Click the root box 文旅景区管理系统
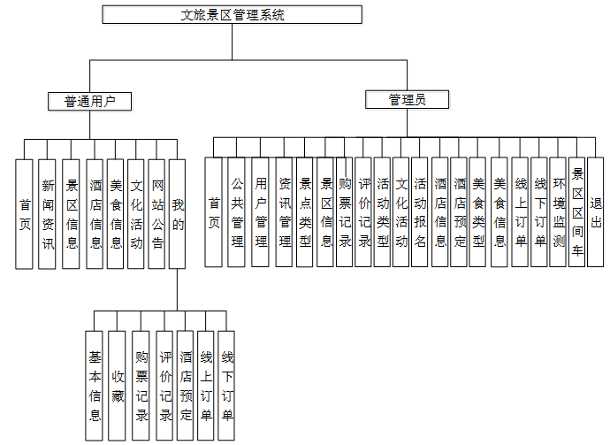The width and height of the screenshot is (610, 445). [x=233, y=14]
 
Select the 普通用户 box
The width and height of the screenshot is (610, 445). [x=90, y=101]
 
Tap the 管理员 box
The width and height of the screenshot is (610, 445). [x=407, y=100]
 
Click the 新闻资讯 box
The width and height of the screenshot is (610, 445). [x=48, y=214]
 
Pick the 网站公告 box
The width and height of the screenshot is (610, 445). [x=157, y=214]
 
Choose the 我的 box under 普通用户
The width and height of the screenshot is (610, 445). [x=178, y=214]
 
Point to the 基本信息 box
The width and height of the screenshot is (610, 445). [x=95, y=385]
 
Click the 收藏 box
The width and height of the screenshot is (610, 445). [x=118, y=385]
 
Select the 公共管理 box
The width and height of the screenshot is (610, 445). [x=237, y=212]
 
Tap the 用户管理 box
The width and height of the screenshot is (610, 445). [x=261, y=212]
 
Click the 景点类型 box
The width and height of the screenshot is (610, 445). [x=305, y=212]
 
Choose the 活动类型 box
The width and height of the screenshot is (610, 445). [x=383, y=212]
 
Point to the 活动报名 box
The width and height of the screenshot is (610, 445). [x=420, y=212]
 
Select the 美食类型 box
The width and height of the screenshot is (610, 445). [x=478, y=212]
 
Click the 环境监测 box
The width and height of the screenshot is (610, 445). [x=559, y=212]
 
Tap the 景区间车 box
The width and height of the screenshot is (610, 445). [x=577, y=212]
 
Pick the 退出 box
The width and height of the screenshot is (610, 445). [x=596, y=212]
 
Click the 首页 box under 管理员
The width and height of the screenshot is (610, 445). [x=214, y=212]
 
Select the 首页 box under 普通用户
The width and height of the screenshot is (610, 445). [x=26, y=214]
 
